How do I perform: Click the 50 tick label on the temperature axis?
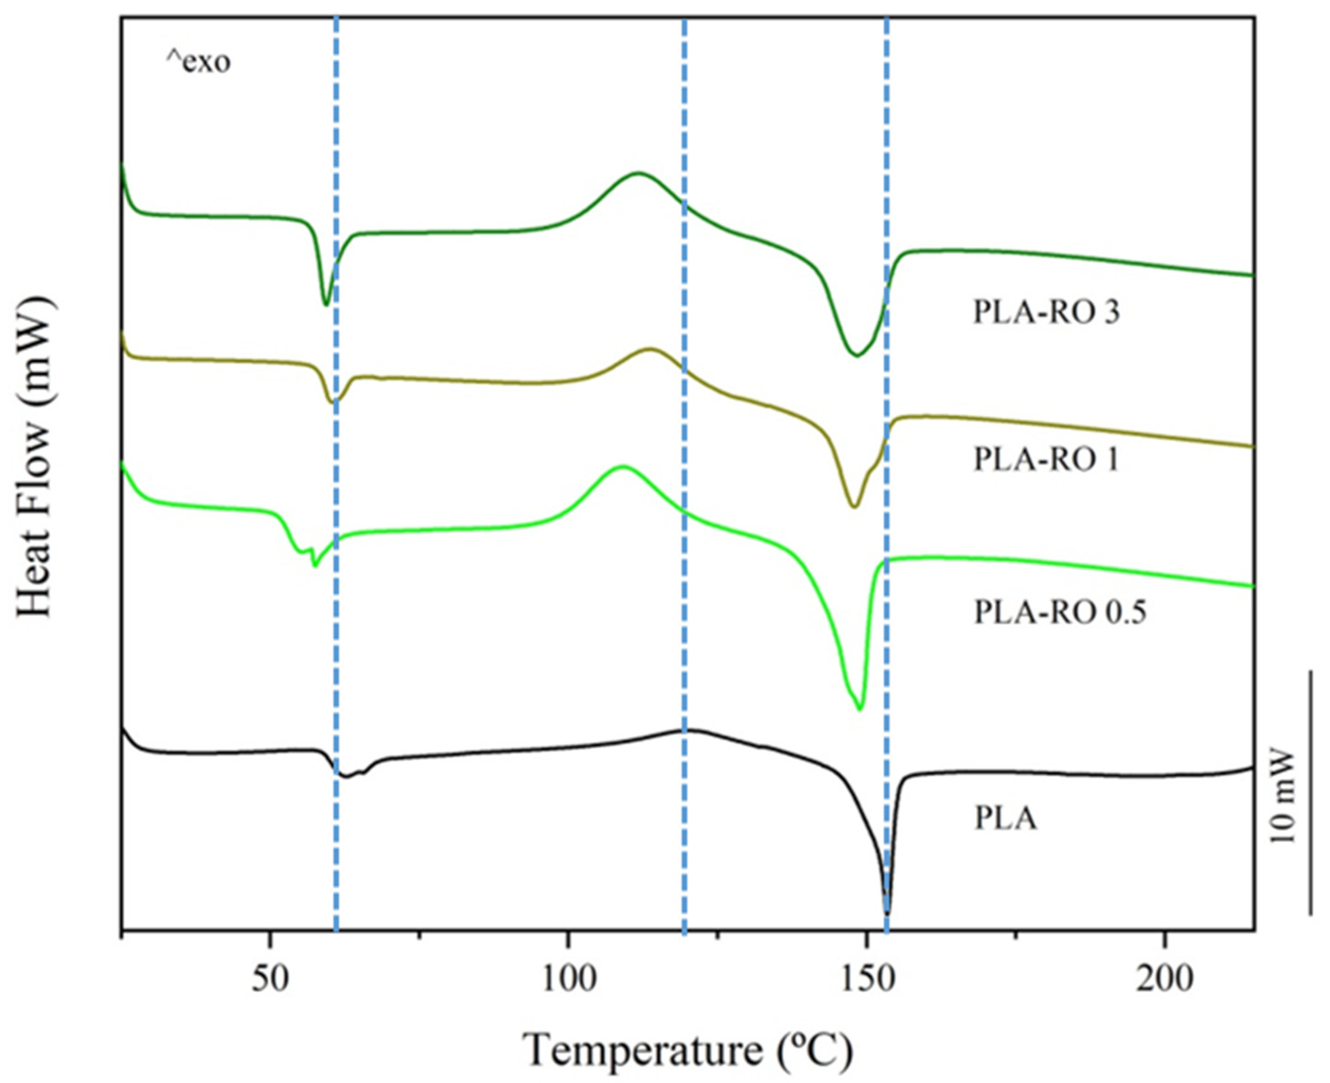click(269, 980)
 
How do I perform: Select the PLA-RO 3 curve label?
click(1046, 312)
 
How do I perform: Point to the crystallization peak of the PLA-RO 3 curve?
click(637, 173)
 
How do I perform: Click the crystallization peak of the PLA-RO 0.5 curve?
click(622, 466)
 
